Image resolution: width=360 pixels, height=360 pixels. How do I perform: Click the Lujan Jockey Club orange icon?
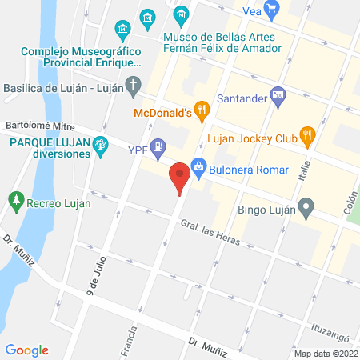305,135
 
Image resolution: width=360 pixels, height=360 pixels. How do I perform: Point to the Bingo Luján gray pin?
305,210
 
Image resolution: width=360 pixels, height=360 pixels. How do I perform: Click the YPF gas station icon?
158,147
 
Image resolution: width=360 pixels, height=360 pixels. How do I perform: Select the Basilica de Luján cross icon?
135,82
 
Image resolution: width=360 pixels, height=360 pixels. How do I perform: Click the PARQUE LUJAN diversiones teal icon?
100,145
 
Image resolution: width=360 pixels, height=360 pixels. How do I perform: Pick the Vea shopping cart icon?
273,10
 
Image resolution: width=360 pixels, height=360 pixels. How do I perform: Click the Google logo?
26,350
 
